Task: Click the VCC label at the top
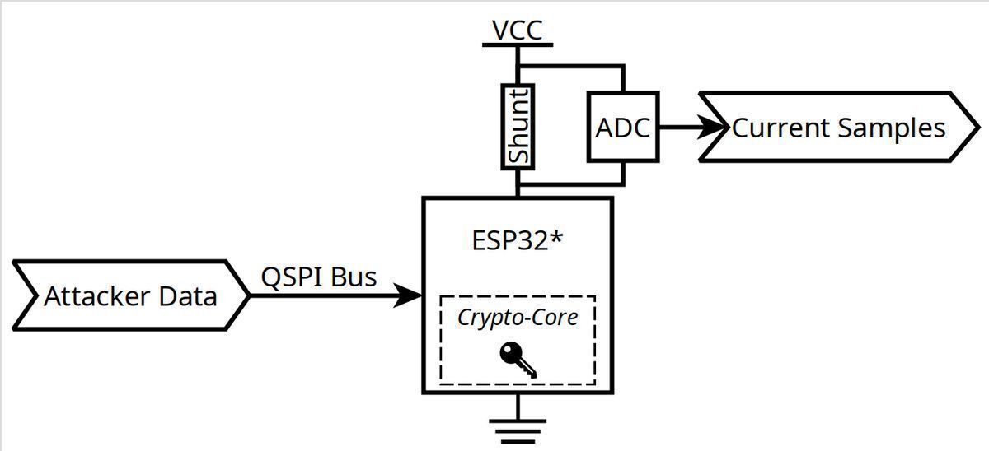[518, 30]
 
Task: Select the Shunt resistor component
[518, 126]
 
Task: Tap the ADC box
[622, 128]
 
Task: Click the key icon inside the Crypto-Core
[518, 360]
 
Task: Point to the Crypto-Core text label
[518, 317]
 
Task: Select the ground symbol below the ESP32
[518, 430]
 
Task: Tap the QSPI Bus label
[319, 277]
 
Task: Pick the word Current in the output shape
[780, 128]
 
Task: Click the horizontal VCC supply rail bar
[518, 44]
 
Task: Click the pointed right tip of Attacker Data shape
[247, 295]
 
